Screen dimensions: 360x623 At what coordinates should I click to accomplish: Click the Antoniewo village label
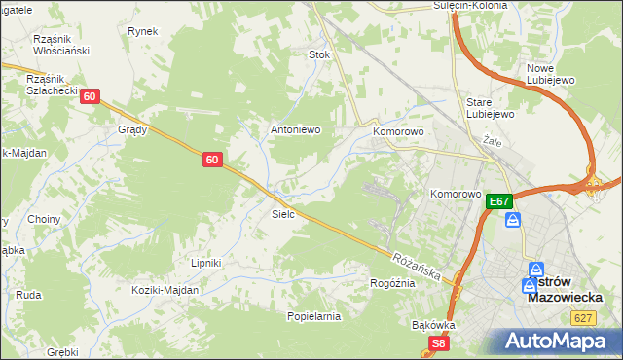tap(295, 129)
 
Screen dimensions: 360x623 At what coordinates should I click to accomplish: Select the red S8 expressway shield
tap(440, 343)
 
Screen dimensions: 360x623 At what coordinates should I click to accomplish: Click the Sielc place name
tap(283, 213)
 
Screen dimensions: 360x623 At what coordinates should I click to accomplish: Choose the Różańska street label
tap(418, 265)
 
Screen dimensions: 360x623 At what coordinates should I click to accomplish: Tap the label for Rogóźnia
tap(392, 283)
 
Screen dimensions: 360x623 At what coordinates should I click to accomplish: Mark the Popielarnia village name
tap(313, 316)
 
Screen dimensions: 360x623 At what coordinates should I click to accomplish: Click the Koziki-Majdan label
tap(167, 290)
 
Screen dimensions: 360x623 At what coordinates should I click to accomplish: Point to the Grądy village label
tap(132, 129)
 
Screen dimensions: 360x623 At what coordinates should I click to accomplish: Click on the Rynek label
tap(142, 31)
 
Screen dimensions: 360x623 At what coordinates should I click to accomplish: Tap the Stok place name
tap(319, 55)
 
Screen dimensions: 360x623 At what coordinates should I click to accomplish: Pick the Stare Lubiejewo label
tap(490, 107)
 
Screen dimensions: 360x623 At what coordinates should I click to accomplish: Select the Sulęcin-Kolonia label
tap(470, 6)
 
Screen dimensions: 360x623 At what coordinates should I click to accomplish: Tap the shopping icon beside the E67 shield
tap(513, 221)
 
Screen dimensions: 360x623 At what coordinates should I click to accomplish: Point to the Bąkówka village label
tap(434, 324)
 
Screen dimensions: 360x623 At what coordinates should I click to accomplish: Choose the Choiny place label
tap(45, 219)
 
